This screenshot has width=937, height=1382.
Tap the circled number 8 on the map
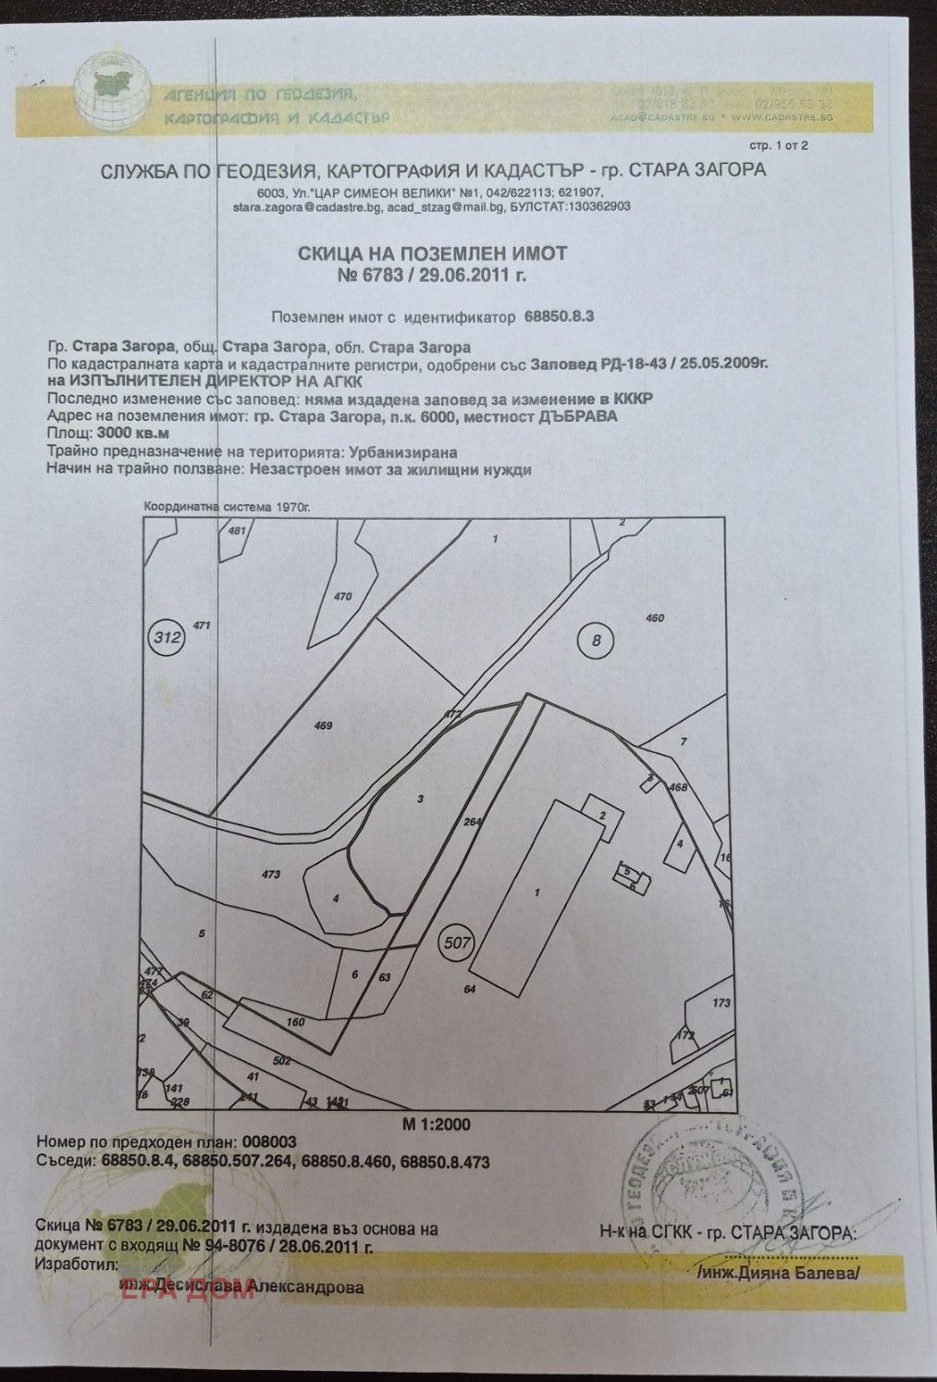tap(596, 638)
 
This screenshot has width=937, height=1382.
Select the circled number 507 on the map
tap(457, 944)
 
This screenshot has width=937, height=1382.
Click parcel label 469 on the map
tap(323, 726)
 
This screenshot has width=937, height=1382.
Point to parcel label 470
tap(342, 597)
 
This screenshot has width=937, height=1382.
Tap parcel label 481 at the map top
tap(237, 531)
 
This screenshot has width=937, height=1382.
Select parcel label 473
tap(271, 873)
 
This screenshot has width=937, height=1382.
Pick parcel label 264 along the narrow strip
tap(474, 821)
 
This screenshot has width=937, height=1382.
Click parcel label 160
tap(296, 1022)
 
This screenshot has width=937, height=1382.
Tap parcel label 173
tap(721, 1003)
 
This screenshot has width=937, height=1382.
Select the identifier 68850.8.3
tap(559, 316)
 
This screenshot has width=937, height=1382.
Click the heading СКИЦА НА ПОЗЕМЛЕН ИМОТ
tap(432, 253)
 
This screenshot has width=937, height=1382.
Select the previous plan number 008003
tap(268, 1143)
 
